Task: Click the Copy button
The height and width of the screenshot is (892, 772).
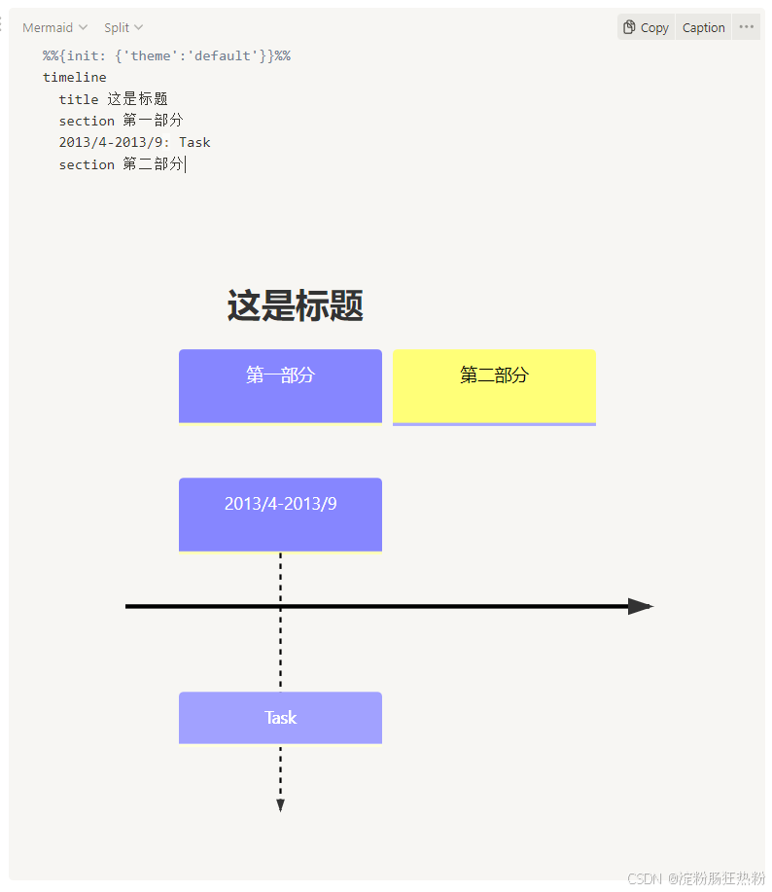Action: pos(646,27)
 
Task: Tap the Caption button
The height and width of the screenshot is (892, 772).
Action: pos(703,27)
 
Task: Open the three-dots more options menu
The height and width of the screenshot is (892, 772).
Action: pos(746,27)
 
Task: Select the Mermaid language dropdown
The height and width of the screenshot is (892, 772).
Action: pos(54,27)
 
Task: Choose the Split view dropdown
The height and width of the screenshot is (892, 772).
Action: pos(123,27)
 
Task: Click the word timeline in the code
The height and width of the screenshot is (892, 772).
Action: pos(75,77)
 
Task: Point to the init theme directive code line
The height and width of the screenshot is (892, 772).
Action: pos(166,55)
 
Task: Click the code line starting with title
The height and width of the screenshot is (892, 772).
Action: pos(113,99)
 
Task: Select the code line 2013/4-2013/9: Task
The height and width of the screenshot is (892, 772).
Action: pos(134,143)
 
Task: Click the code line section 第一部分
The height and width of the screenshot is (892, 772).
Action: pos(121,121)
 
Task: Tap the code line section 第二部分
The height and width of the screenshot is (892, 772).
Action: pos(121,164)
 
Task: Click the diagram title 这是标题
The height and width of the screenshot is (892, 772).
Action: pos(295,305)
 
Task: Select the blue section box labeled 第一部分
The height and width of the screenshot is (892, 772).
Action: pos(280,385)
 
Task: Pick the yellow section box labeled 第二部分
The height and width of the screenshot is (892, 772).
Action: pos(494,385)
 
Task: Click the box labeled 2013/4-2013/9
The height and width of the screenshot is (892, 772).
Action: pos(280,514)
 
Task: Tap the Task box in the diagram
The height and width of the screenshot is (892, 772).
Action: pos(280,718)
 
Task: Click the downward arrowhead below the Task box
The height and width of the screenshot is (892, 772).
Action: pos(280,804)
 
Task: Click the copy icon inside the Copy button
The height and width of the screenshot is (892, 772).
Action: pos(629,27)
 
